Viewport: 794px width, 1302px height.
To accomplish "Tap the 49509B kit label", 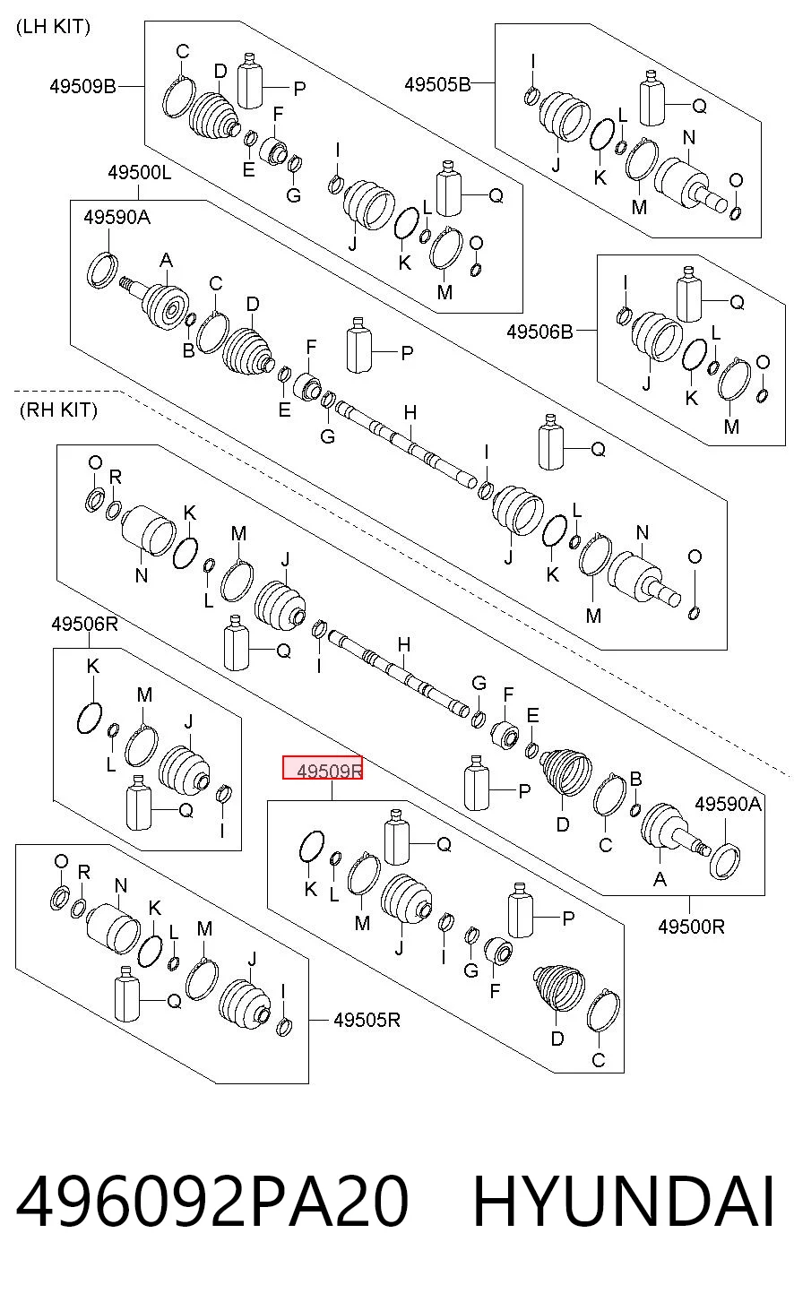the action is [x=82, y=86].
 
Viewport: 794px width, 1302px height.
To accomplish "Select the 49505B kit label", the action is [x=437, y=84].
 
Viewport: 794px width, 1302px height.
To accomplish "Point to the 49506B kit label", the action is [x=539, y=332].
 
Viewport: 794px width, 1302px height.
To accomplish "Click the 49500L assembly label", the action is [x=140, y=173].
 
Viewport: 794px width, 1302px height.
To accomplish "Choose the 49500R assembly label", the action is [x=691, y=927].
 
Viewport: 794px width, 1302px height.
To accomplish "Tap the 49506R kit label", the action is [x=85, y=625].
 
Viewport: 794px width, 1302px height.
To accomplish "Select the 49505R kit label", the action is [x=367, y=1020].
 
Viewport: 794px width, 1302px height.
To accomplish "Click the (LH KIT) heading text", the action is [x=53, y=27].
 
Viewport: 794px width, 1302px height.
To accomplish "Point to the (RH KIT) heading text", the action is [x=58, y=410].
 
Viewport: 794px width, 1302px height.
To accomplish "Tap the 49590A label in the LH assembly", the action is [x=117, y=218].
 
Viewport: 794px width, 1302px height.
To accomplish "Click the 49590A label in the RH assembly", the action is [x=728, y=804].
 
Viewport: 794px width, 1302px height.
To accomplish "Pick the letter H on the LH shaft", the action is [x=410, y=413].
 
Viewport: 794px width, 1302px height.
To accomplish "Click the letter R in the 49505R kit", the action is [x=84, y=872].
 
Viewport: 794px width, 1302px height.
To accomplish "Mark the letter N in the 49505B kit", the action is [x=689, y=138].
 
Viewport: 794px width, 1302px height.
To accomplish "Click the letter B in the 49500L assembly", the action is [x=188, y=350].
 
